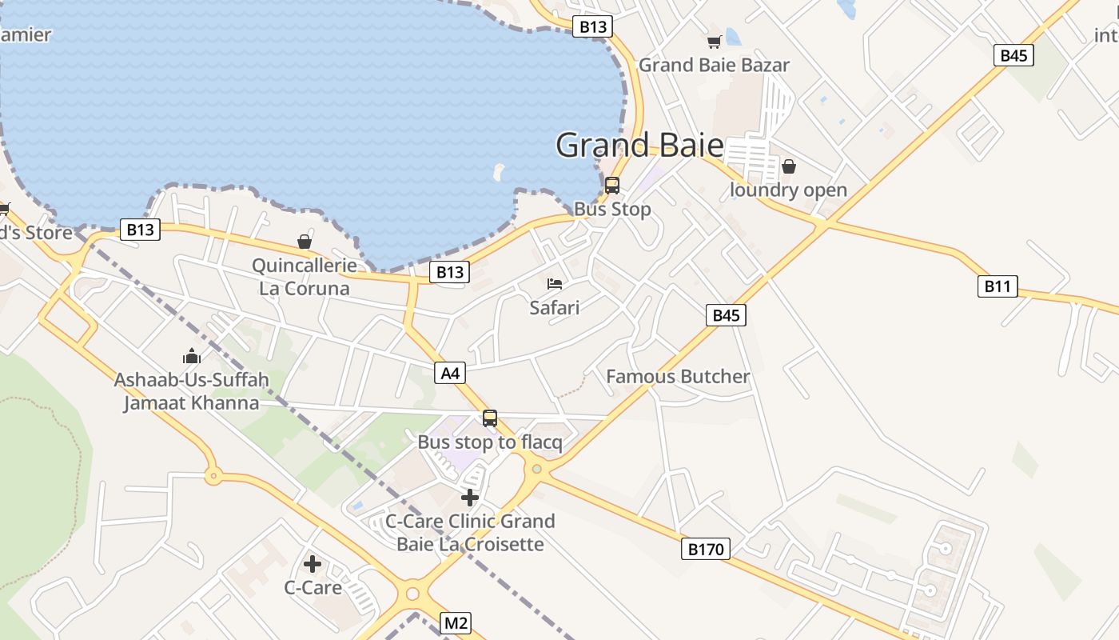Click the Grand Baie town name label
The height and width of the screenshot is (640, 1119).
[x=639, y=146]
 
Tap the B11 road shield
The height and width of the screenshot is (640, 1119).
[x=998, y=286]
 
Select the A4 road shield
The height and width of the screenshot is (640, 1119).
[x=450, y=373]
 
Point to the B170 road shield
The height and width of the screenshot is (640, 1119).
[x=706, y=549]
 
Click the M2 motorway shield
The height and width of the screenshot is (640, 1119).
[x=456, y=623]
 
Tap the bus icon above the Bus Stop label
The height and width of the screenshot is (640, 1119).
[x=612, y=186]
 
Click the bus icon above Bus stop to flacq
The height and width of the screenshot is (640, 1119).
[x=490, y=418]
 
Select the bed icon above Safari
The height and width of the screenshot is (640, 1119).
[x=555, y=284]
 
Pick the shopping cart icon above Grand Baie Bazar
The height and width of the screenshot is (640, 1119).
[x=714, y=42]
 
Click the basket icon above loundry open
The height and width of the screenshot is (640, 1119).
[x=789, y=166]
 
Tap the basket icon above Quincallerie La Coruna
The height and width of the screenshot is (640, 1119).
[x=304, y=241]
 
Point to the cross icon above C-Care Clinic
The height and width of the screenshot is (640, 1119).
[x=470, y=498]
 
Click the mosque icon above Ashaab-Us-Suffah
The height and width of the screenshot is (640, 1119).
[x=192, y=356]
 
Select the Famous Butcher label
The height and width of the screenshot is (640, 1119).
[x=678, y=377]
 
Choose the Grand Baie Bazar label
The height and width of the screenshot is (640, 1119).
[x=714, y=66]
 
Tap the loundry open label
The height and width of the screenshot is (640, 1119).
[x=789, y=190]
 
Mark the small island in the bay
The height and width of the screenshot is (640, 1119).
[x=499, y=171]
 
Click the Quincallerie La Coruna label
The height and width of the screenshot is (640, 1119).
[x=304, y=277]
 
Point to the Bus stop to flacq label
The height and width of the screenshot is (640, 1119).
[x=490, y=442]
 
